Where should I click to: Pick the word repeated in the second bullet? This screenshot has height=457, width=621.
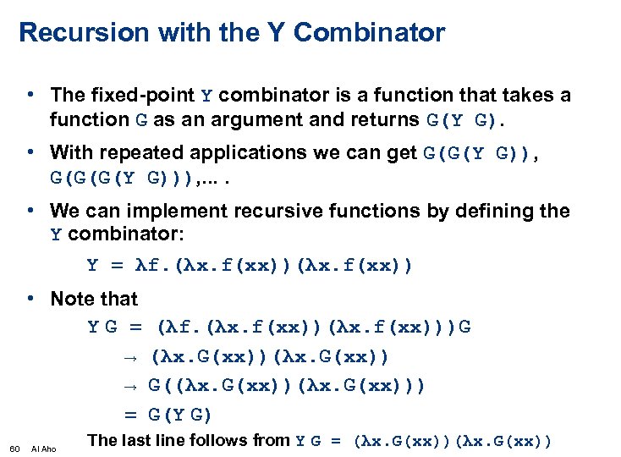pos(137,153)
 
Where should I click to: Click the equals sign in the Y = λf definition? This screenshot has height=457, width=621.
pos(117,266)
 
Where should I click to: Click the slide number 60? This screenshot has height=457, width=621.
pos(14,448)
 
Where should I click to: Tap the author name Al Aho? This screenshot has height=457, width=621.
pos(43,448)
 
